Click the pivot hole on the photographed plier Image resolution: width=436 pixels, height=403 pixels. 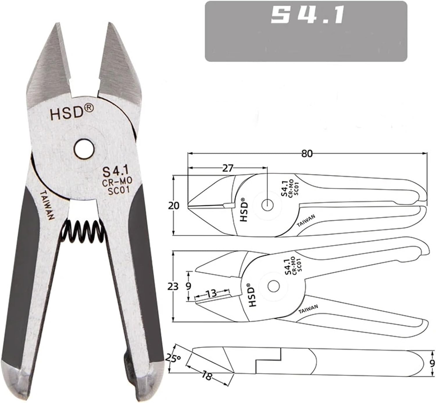[x=84, y=149]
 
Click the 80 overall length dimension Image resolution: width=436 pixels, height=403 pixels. [x=307, y=153]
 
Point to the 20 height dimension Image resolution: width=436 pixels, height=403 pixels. [x=174, y=206]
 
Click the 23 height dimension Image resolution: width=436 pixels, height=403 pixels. [x=173, y=286]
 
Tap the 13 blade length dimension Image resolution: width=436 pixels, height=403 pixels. [x=212, y=293]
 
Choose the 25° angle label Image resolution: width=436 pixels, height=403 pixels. [x=173, y=358]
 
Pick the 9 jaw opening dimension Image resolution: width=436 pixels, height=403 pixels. [x=188, y=286]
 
